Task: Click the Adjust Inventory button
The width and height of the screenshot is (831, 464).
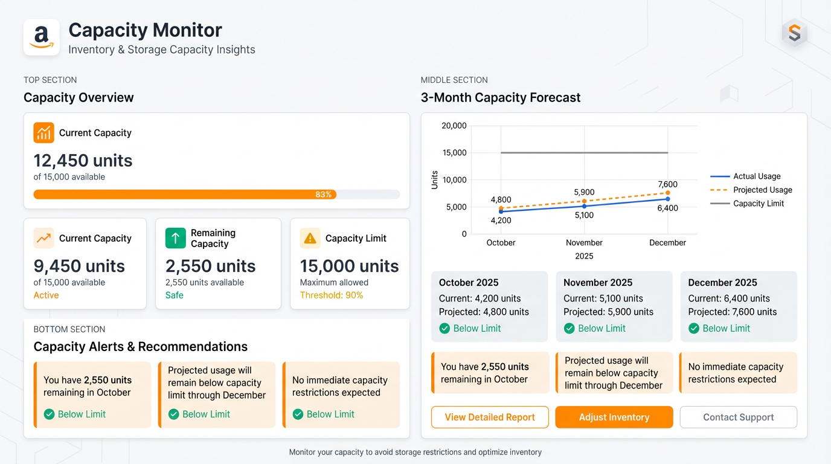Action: (614, 417)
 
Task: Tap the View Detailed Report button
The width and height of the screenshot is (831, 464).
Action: (490, 417)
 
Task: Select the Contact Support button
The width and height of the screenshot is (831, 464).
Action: (738, 417)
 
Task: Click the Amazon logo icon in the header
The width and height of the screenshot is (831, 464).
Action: (41, 37)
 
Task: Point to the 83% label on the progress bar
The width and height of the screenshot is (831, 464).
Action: (324, 195)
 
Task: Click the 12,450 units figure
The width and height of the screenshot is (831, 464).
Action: (83, 161)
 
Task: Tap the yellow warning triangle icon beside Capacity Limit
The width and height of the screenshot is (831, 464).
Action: (310, 238)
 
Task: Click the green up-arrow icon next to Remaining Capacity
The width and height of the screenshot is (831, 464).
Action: (175, 238)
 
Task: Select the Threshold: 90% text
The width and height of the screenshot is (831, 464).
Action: (331, 295)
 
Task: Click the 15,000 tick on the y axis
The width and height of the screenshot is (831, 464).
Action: (454, 153)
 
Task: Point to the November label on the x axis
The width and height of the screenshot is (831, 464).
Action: (583, 243)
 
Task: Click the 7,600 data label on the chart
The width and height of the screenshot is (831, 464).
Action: (667, 185)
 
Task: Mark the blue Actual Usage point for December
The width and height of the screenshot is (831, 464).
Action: (667, 199)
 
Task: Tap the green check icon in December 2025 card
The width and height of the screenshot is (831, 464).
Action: (694, 329)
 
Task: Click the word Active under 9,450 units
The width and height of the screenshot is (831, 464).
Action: (46, 295)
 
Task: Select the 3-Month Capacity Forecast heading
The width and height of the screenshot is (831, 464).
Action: (501, 98)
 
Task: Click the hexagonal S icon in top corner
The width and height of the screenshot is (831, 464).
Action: (794, 34)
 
